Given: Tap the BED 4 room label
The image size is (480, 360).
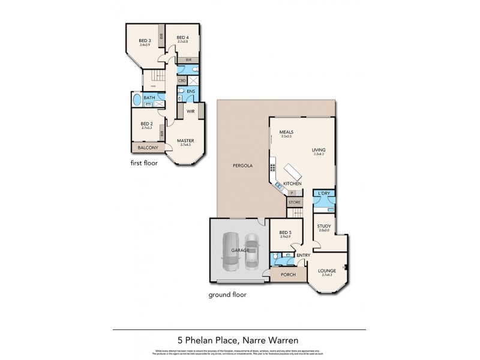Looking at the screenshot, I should coord(182,38).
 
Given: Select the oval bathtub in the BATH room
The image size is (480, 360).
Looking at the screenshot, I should coord(136,100).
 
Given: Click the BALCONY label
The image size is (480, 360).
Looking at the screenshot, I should coord(148,148).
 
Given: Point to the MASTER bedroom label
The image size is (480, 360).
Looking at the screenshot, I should coord(185,140).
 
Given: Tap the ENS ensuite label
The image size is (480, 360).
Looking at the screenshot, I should coord(191,91).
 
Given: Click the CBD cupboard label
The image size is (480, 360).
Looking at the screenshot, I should coord(181,80).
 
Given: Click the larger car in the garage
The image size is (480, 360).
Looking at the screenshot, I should coord(231,251).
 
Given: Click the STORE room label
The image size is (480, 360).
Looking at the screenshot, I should coord(295,203).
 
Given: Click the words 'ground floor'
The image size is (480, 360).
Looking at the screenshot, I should coord(227,295).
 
